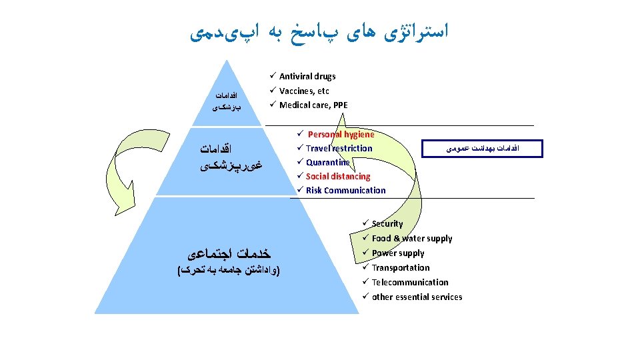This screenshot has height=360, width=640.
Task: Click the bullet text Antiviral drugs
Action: pos(307,77)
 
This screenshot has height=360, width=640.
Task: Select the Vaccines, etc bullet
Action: pos(304,91)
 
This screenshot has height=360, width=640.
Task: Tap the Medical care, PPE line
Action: pos(313,105)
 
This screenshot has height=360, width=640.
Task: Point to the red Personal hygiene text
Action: pos(341,135)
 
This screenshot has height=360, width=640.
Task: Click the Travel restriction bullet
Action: pos(339,149)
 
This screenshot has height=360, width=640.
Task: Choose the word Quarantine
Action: pos(327,163)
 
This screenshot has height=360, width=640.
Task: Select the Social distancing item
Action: pos(338,177)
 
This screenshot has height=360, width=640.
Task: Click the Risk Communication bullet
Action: pos(345,191)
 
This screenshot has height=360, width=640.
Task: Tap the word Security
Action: pos(387,224)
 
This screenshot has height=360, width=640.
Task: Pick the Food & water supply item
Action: pos(412,239)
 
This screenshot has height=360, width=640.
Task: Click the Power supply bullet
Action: pos(398,253)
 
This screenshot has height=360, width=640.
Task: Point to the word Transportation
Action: pos(401,268)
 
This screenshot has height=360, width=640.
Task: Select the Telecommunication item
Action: pos(410,283)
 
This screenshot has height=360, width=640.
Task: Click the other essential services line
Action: pos(417,297)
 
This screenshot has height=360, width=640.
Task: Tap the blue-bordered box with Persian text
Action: pos(483,149)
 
